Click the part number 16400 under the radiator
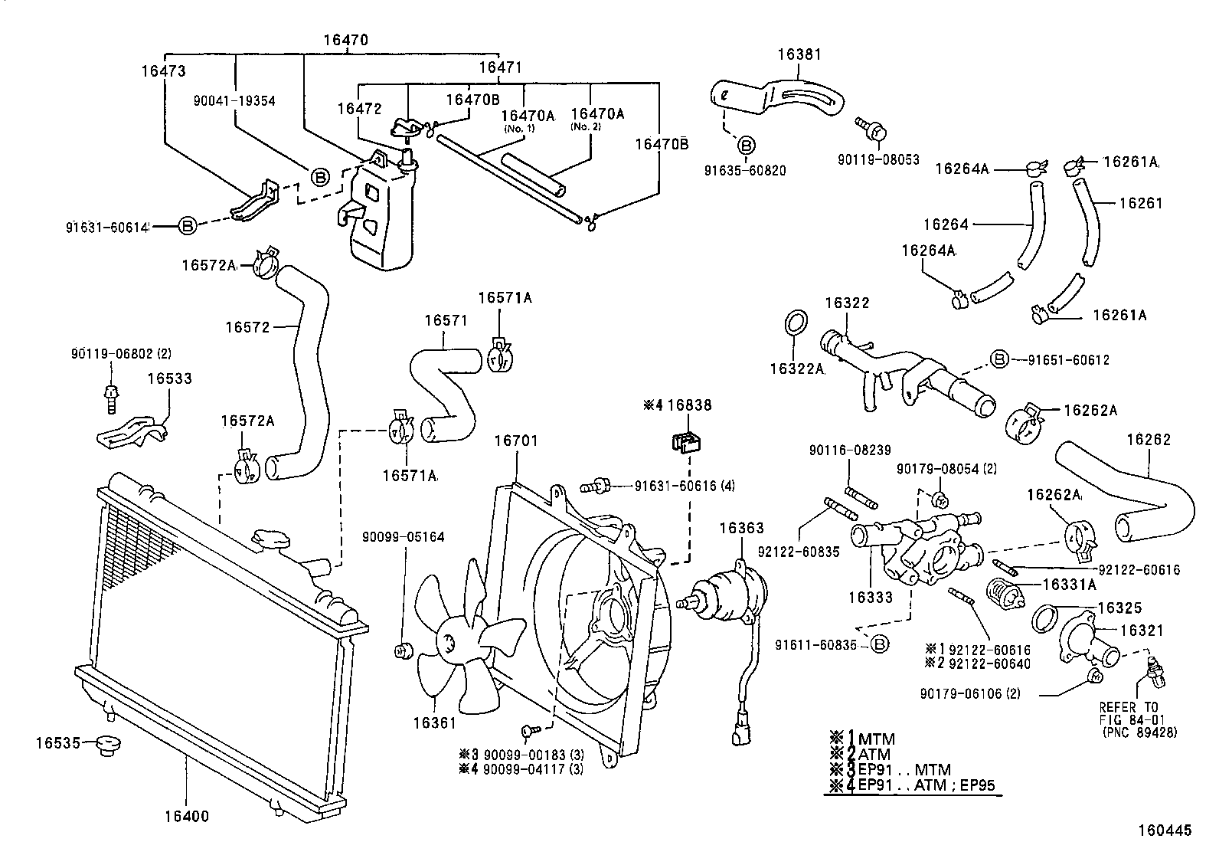click(x=188, y=817)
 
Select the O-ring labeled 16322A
click(x=796, y=322)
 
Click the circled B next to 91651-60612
click(x=999, y=359)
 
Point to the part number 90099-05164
click(x=403, y=537)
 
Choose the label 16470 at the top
click(x=345, y=40)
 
